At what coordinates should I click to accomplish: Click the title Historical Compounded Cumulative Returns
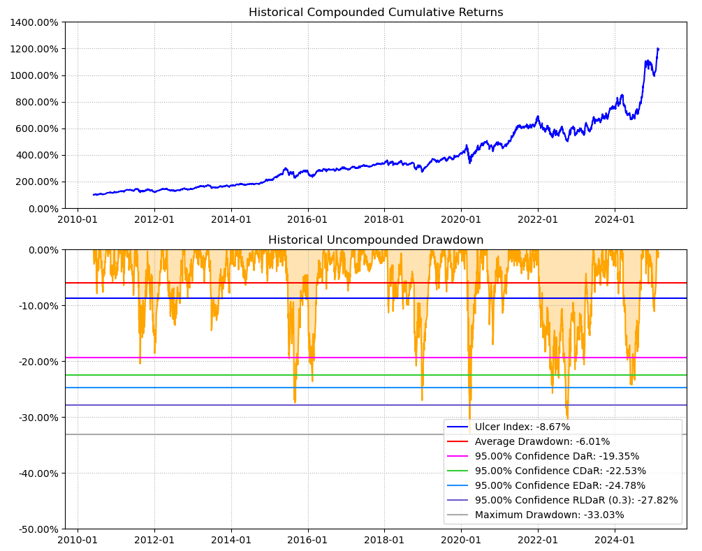(x=376, y=13)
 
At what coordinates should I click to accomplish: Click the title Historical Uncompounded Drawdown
(x=376, y=240)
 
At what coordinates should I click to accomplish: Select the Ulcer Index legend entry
(x=522, y=427)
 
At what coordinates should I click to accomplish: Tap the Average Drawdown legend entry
(x=542, y=441)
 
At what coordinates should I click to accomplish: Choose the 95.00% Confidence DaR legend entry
(x=557, y=456)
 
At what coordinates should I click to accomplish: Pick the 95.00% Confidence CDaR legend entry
(x=560, y=471)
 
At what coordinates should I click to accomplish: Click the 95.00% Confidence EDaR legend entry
(x=560, y=485)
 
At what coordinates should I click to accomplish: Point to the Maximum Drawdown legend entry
(x=549, y=515)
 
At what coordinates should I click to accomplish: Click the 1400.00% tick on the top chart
(x=34, y=22)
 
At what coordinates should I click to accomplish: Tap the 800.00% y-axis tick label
(x=37, y=102)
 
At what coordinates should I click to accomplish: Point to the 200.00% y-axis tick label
(x=37, y=182)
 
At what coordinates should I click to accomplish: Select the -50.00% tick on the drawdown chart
(x=37, y=529)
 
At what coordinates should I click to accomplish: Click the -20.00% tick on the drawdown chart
(x=37, y=362)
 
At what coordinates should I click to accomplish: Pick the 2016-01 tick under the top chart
(x=307, y=218)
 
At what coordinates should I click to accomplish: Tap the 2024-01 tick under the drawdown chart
(x=615, y=539)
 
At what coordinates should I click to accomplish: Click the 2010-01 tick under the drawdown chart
(x=77, y=539)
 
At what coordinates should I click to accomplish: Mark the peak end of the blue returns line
(x=658, y=49)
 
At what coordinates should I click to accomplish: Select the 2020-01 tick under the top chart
(x=461, y=218)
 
